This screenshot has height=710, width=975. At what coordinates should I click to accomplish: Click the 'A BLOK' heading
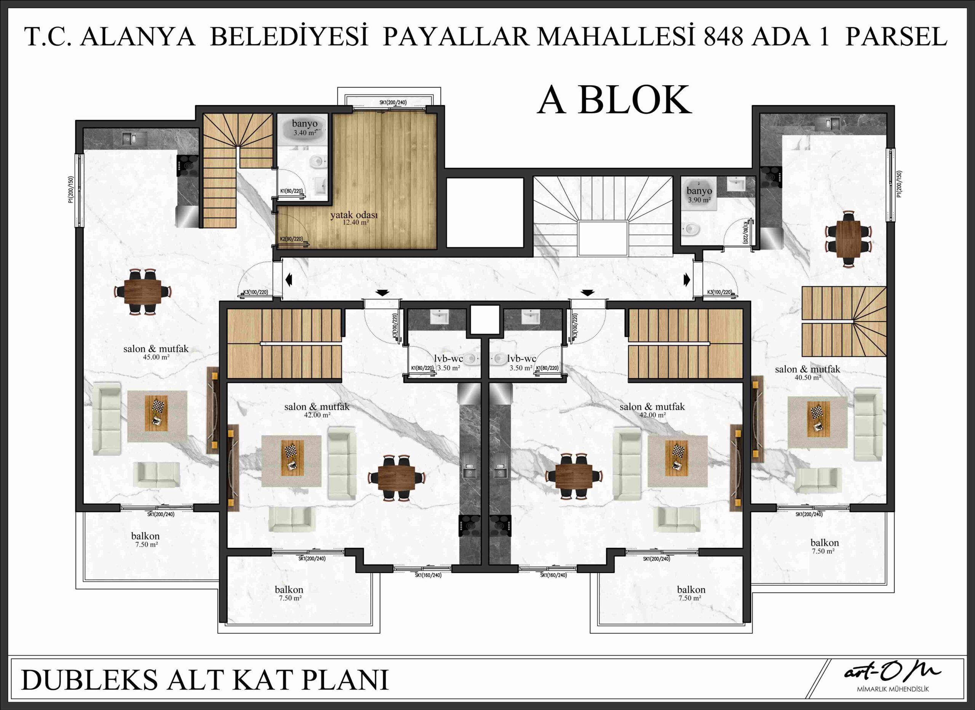[614, 100]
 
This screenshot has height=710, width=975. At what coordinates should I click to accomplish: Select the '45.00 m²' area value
[156, 357]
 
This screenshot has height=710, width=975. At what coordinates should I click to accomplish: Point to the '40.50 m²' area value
[808, 377]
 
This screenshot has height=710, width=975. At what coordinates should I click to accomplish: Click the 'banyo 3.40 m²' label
[305, 128]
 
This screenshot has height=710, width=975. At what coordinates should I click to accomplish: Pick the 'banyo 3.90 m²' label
[699, 195]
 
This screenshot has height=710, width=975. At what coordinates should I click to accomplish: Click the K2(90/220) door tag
[291, 239]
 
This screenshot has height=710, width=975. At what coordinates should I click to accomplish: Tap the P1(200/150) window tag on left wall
[71, 189]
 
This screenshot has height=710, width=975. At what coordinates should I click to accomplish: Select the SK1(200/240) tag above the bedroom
[393, 103]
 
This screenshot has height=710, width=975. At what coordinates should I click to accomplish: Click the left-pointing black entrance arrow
[288, 280]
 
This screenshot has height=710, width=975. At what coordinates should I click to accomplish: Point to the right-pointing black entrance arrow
[687, 280]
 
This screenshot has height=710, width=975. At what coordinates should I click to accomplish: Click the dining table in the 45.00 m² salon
[143, 292]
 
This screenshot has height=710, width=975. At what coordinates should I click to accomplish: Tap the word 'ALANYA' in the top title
[137, 37]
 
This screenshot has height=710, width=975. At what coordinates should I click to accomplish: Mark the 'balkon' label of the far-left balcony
[145, 536]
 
